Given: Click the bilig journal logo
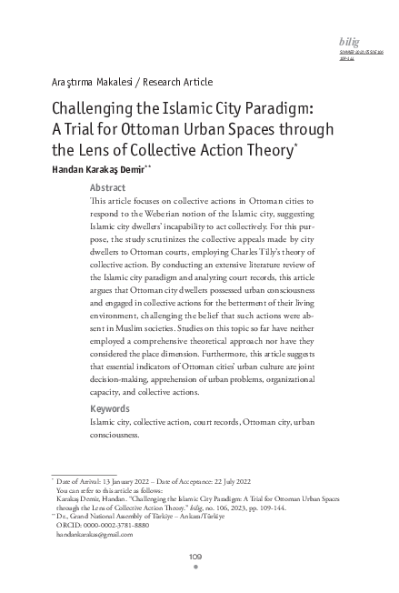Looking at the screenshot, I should click(x=348, y=42).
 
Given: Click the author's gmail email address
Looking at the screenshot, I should click(x=95, y=536).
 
